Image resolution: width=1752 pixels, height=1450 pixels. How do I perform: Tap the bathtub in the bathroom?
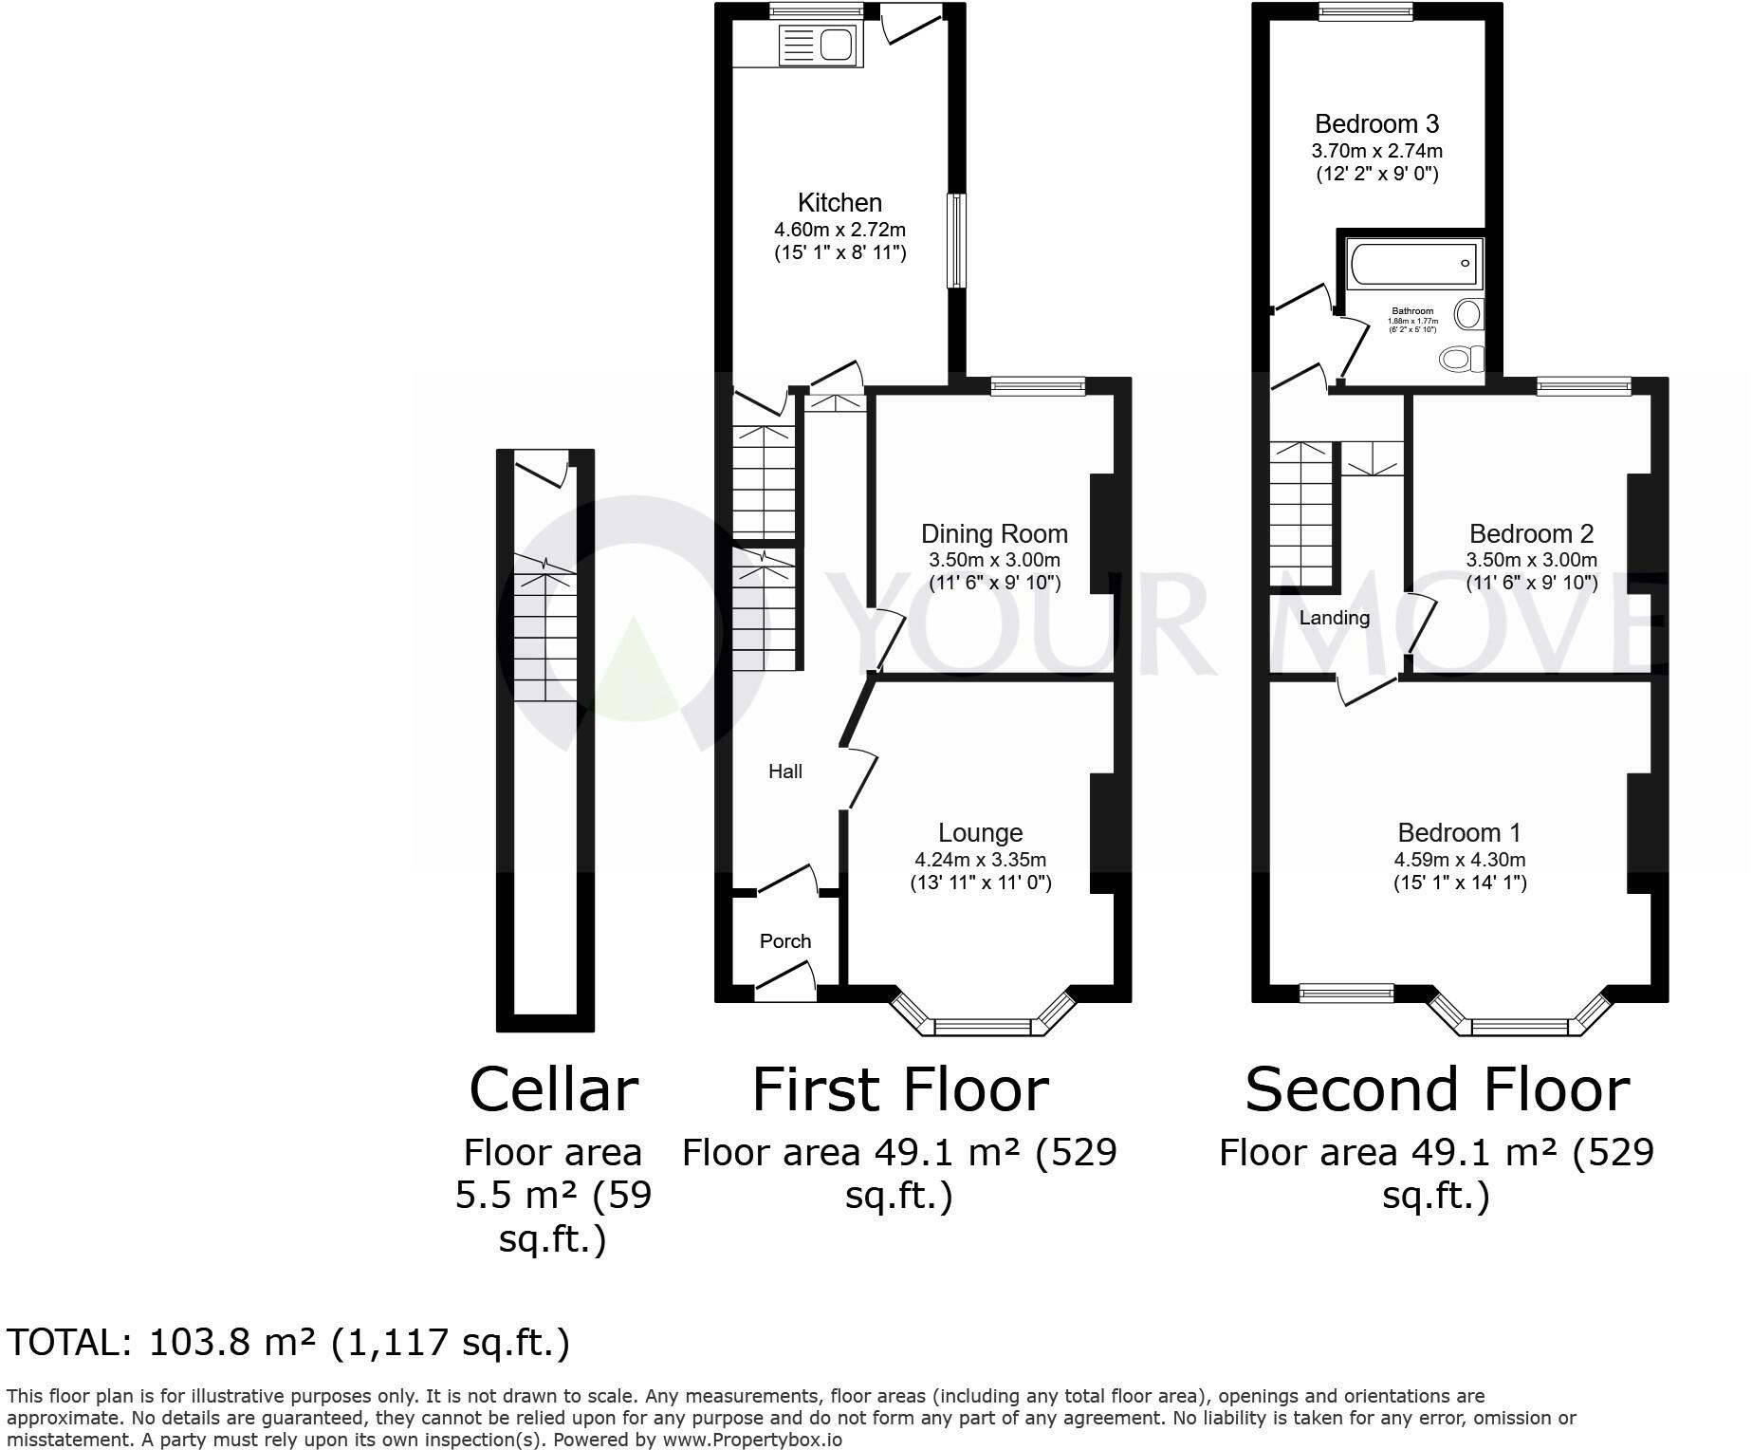tap(1413, 263)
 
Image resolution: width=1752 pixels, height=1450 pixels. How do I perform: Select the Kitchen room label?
tap(839, 202)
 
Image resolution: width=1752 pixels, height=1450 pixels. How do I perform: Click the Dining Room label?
tap(994, 534)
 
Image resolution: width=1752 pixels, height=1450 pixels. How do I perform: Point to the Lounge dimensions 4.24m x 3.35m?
tap(980, 860)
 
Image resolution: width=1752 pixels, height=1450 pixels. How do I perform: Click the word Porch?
tap(785, 941)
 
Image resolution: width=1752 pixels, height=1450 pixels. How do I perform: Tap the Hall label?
tap(785, 771)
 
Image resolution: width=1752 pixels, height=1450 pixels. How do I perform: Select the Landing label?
tap(1334, 618)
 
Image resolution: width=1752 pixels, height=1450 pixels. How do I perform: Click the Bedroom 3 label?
tap(1376, 123)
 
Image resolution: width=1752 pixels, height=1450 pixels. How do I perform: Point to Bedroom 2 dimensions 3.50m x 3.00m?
tap(1531, 560)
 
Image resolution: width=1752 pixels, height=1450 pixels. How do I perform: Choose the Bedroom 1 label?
tap(1459, 832)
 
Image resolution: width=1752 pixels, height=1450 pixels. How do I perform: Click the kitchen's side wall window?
tap(956, 241)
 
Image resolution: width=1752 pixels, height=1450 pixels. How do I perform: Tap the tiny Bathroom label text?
tap(1412, 311)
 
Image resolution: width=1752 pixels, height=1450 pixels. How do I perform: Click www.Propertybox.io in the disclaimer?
tap(751, 1440)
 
